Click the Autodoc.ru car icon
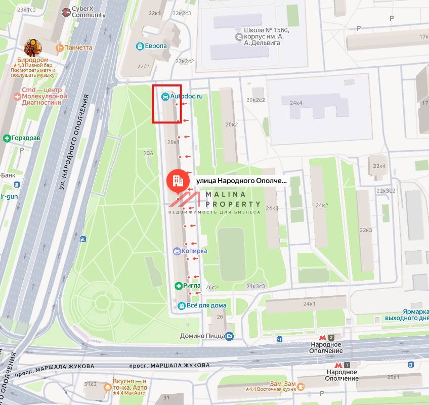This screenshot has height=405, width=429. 165,96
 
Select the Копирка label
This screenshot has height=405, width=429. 197,251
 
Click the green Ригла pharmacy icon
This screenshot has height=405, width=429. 178,286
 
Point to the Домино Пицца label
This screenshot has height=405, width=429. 202,335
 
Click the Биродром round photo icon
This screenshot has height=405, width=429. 33,48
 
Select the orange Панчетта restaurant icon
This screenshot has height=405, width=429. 59,48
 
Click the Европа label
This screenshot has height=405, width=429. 155,46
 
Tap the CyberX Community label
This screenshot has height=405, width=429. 89,12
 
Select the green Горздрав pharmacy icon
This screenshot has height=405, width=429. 7,138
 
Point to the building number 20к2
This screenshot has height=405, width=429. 232,124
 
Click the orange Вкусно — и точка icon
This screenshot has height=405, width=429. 107,387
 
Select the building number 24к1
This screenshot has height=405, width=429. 309,304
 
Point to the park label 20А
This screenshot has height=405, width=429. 148,153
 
